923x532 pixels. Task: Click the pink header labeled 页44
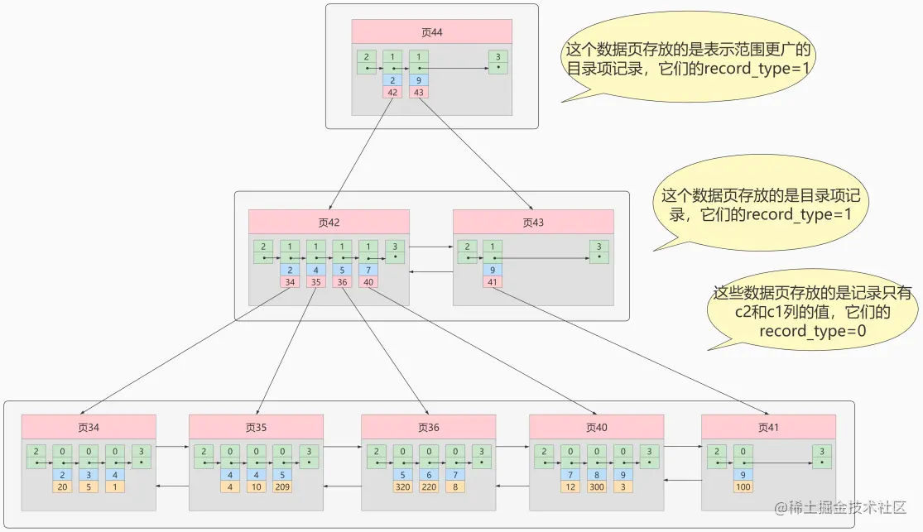(x=432, y=32)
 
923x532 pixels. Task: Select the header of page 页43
(x=533, y=222)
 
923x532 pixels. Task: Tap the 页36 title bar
(x=428, y=427)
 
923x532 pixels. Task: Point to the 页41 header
(x=768, y=427)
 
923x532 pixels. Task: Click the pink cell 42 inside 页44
(x=392, y=92)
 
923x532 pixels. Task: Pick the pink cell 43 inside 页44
(x=419, y=92)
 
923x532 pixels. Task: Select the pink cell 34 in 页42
(x=290, y=282)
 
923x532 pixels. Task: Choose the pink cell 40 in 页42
(x=368, y=282)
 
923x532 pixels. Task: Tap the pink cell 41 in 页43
(x=493, y=282)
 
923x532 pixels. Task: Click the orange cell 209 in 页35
(x=281, y=487)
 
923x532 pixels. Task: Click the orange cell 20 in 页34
(x=62, y=487)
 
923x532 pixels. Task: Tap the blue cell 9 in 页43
(x=493, y=270)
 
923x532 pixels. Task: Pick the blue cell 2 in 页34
(x=62, y=475)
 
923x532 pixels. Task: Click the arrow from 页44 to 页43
(x=476, y=152)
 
